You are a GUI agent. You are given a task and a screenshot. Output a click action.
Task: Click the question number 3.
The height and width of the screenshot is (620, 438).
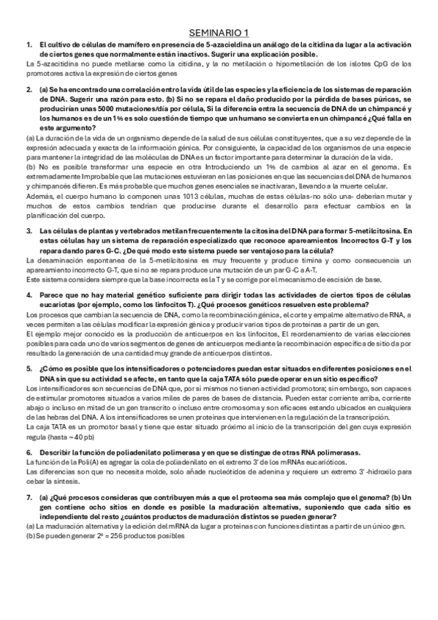coord(29,230)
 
